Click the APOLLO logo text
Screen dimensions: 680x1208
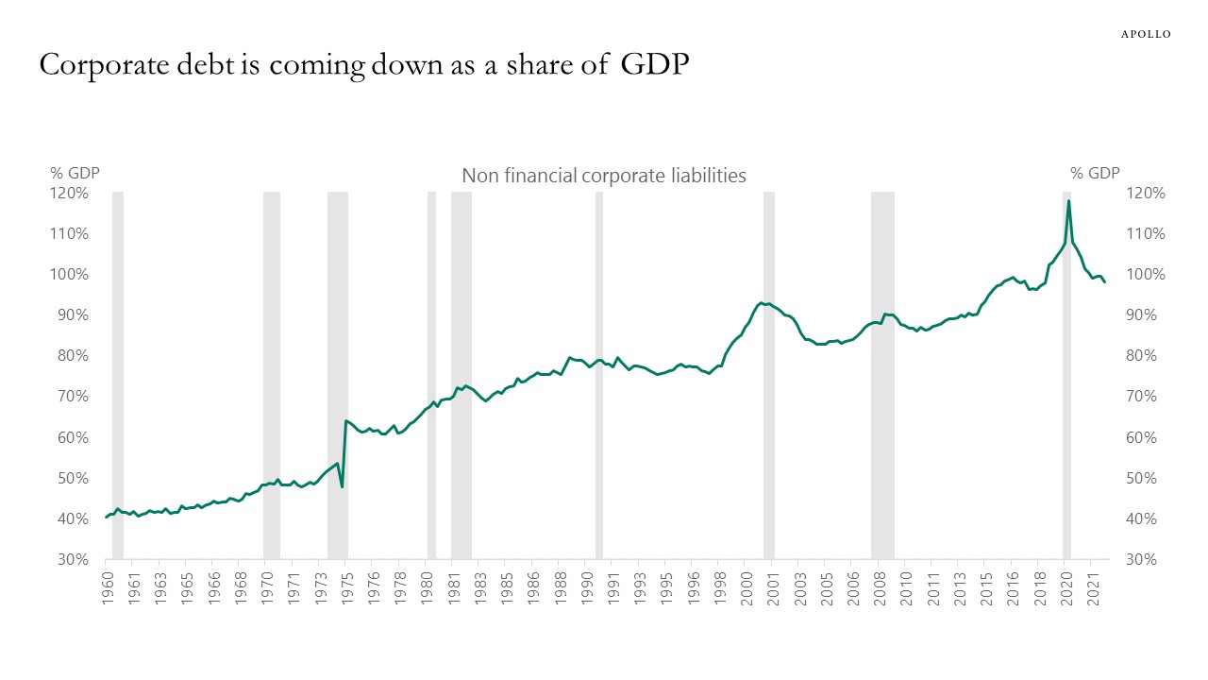click(1146, 34)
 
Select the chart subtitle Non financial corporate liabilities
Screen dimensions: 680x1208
click(603, 176)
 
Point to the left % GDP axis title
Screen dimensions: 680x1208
click(75, 173)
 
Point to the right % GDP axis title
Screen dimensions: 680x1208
click(1095, 173)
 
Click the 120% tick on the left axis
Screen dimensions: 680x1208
click(70, 194)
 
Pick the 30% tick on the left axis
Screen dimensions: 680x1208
click(73, 560)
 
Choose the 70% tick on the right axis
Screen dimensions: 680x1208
click(1145, 397)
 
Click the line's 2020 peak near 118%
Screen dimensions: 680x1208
click(1068, 200)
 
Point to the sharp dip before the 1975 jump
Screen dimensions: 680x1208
click(342, 486)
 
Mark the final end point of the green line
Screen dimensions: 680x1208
click(1104, 282)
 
